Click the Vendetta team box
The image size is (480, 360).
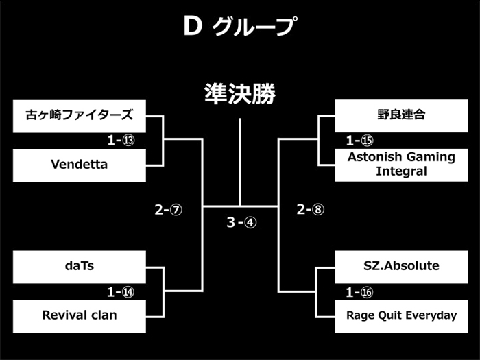coord(80,165)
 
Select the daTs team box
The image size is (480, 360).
coord(80,267)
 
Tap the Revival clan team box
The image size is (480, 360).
coord(80,316)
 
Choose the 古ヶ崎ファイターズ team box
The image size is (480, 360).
coord(80,117)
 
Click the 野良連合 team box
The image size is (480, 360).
coord(401,116)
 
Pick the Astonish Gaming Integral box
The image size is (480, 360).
coord(401,165)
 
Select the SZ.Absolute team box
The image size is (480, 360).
coord(401,267)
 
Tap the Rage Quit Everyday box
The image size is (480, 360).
coord(401,316)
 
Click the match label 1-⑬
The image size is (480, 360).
coord(121,141)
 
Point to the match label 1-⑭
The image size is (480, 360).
coord(121,292)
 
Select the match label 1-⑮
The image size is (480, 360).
coord(360,141)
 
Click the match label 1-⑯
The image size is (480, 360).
coord(359,292)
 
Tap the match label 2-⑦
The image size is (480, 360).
coord(169,210)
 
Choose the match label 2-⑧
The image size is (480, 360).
coord(311,209)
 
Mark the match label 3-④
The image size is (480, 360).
coord(241,222)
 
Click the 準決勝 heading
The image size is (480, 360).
coord(240,94)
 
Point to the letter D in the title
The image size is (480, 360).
coord(193,26)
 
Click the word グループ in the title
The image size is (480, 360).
coord(254,26)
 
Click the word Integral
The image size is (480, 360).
coord(401,171)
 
